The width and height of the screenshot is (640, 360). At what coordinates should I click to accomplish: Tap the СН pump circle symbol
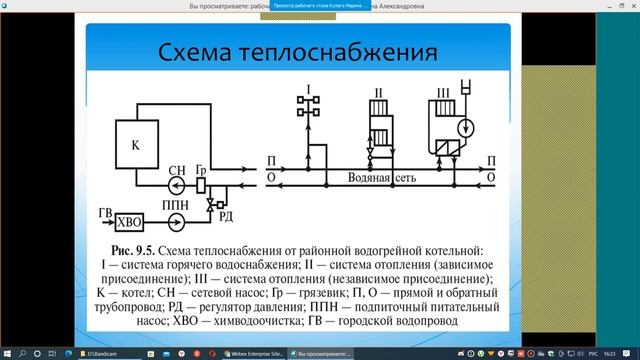177,186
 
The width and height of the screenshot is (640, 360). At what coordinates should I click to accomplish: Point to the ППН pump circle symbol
177,220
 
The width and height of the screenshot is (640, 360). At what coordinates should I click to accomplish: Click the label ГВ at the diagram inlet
103,213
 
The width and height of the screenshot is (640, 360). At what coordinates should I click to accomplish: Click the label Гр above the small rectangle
202,168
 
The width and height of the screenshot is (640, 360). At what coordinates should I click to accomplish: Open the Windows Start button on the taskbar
9,352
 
